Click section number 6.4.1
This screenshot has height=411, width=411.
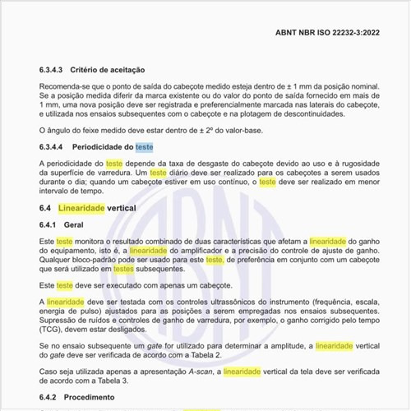point(51,224)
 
